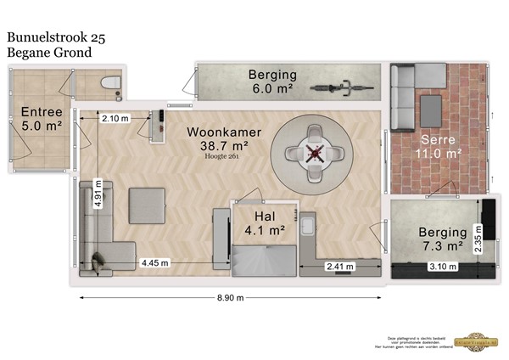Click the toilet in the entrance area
(x=109, y=83)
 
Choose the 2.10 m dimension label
(x=115, y=118)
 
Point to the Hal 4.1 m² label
(x=262, y=222)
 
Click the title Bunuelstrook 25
(x=55, y=37)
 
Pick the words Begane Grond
(x=49, y=53)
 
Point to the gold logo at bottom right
(x=477, y=338)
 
